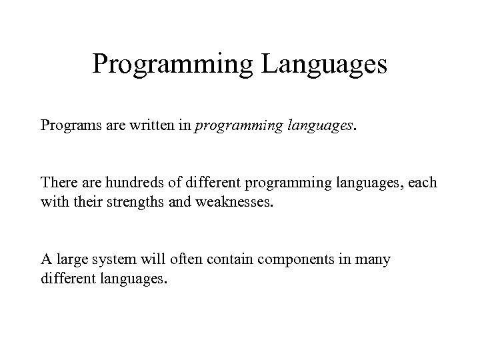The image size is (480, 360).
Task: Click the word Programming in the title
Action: tap(171, 65)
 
